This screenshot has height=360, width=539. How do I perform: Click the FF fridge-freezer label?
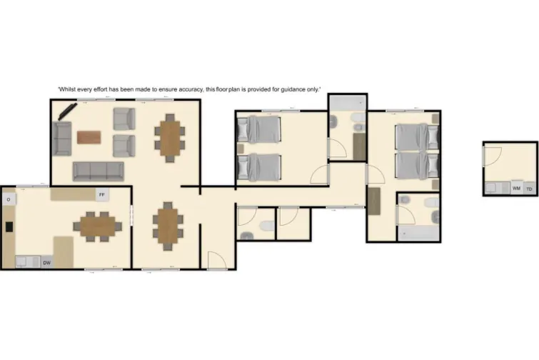pyautogui.click(x=102, y=194)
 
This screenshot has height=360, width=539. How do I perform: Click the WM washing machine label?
pyautogui.click(x=516, y=189)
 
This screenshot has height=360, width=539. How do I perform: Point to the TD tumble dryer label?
pyautogui.click(x=529, y=189)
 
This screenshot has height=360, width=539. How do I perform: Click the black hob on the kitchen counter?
pyautogui.click(x=9, y=227)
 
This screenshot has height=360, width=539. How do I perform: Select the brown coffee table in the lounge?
pyautogui.click(x=89, y=136)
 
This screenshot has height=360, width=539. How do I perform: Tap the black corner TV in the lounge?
pyautogui.click(x=67, y=112)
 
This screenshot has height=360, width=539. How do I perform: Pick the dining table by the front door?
pyautogui.click(x=168, y=225)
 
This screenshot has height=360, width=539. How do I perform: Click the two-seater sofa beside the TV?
pyautogui.click(x=62, y=139)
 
